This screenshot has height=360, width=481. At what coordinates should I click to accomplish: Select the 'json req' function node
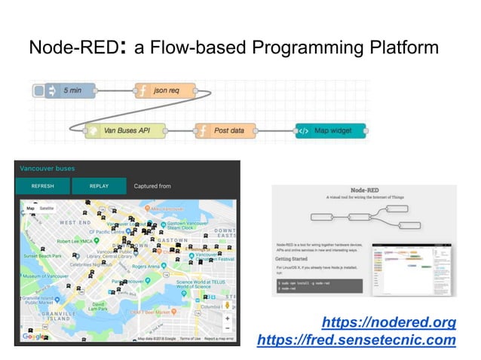(x=165, y=91)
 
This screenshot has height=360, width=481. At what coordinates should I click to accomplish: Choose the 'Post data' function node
(x=223, y=130)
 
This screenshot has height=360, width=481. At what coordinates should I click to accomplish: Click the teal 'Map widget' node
(x=330, y=130)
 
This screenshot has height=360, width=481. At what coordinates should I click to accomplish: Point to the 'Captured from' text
(x=152, y=186)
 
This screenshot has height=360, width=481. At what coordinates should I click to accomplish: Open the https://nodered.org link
(x=388, y=323)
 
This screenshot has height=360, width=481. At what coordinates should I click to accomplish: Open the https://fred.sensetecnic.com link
(x=356, y=340)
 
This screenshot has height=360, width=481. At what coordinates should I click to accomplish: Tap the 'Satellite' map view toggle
(x=47, y=209)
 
